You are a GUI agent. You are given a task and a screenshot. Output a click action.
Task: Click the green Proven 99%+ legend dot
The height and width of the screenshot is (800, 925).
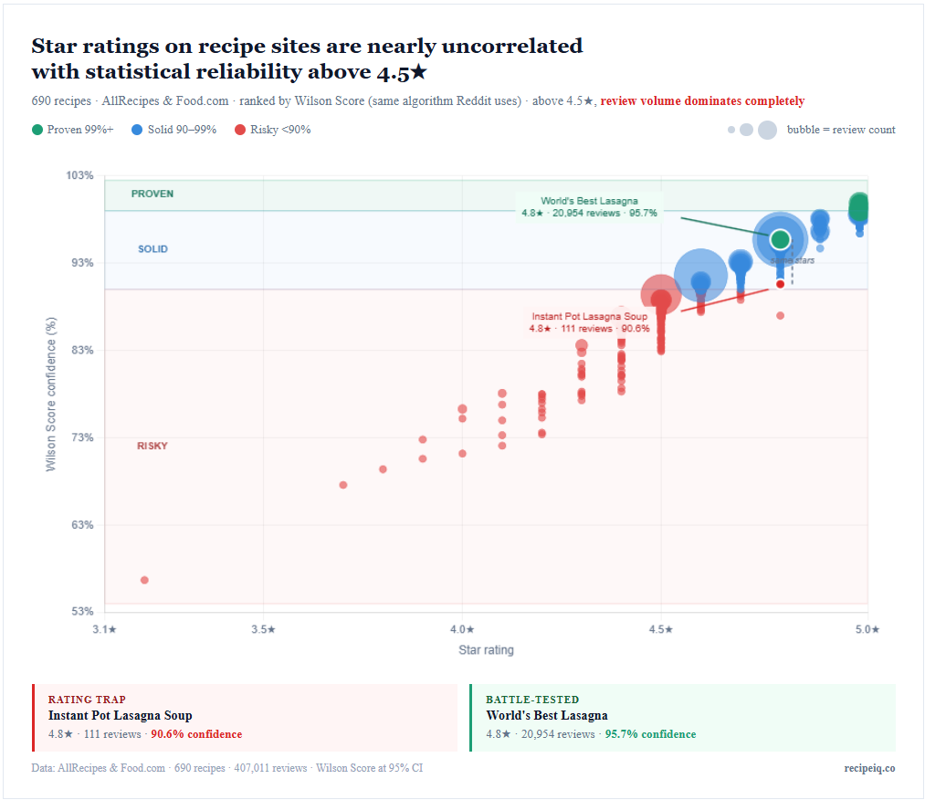point(37,130)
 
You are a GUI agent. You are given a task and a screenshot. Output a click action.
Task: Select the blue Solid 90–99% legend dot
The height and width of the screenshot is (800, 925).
point(137,130)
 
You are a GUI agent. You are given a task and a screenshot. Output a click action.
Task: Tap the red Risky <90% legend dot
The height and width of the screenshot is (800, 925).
point(240,130)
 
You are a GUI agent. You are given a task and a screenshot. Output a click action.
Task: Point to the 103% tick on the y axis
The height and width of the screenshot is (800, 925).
point(79,175)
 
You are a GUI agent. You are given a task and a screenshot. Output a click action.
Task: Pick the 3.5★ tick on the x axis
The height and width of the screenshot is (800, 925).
point(263,629)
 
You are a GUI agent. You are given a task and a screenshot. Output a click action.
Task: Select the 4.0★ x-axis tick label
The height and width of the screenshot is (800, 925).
point(462,629)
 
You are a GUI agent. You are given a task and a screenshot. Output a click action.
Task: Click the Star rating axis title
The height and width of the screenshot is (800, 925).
point(486,650)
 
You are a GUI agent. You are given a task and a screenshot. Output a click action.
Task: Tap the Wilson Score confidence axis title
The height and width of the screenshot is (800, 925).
point(51,395)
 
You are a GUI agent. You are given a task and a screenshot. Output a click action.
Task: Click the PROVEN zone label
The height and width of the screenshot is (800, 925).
point(152,194)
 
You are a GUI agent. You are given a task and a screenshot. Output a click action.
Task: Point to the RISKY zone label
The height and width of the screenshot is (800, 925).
point(152,446)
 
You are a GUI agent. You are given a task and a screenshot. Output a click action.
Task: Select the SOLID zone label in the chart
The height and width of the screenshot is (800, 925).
point(152,248)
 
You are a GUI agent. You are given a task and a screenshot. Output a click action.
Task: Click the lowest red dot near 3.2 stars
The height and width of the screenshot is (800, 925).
point(144,580)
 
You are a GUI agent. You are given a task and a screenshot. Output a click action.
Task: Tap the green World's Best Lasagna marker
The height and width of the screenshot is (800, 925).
point(780,239)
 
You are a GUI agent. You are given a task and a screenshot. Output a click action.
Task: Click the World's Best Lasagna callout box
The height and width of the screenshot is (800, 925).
point(589,206)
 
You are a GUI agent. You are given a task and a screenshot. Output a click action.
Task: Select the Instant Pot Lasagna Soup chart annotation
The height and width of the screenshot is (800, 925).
point(589,322)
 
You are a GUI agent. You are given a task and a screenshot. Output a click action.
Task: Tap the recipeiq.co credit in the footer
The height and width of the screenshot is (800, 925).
point(869,768)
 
